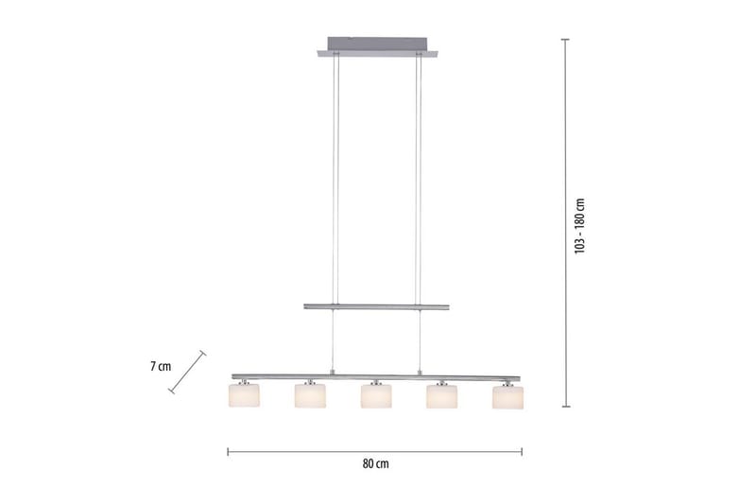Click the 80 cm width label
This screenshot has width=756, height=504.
click(375, 464)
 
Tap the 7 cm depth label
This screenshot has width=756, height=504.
click(161, 367)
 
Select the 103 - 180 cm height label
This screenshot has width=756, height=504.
click(579, 226)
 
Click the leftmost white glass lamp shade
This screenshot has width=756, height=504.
click(244, 395)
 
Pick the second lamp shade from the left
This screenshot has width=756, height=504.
click(310, 395)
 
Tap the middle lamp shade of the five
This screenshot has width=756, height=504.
click(376, 396)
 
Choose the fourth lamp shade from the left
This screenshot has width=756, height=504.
click(441, 396)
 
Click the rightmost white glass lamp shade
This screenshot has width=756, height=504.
click(507, 397)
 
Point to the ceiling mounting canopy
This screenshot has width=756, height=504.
click(377, 47)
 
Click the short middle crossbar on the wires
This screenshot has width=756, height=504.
click(376, 306)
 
